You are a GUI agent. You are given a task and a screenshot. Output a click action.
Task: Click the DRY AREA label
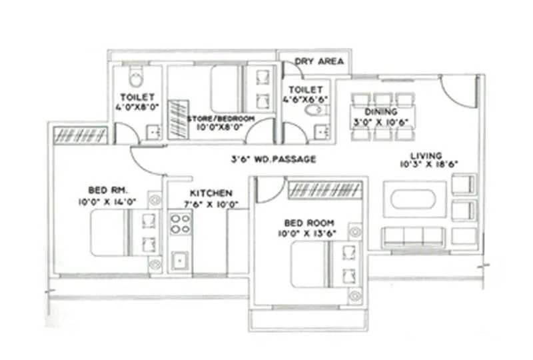319,61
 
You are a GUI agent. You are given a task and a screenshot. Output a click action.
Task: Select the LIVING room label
426,155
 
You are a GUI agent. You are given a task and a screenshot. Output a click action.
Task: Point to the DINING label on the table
381,111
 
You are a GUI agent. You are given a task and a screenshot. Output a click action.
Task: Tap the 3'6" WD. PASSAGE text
273,159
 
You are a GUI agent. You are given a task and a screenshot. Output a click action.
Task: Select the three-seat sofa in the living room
413,235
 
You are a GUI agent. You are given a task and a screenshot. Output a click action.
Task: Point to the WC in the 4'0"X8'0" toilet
136,79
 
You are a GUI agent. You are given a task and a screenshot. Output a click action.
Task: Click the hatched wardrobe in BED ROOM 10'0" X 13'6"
324,190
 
